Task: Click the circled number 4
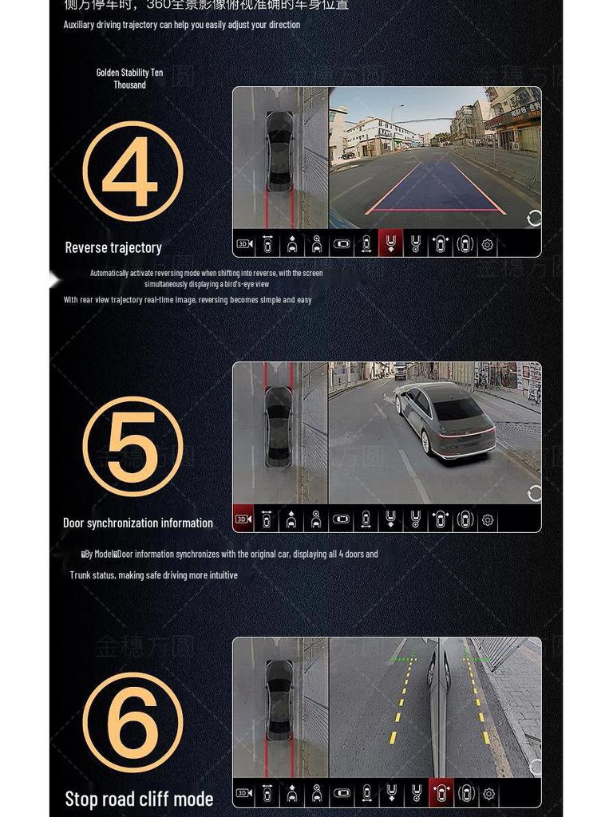coord(132,172)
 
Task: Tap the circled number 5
coord(132,447)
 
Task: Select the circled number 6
coord(132,722)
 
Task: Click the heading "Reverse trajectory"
coord(113,247)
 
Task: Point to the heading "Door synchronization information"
coord(138,523)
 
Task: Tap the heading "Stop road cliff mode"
coord(139,799)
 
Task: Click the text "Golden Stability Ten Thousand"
coord(129,78)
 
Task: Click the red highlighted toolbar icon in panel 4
coord(390,244)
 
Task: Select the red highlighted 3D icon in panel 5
coord(243,519)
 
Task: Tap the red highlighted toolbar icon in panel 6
coord(441,794)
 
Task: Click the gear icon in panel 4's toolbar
coord(488,245)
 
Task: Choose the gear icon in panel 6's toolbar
coord(488,794)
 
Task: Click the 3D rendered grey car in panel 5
coord(444,419)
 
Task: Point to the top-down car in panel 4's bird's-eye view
coord(279,152)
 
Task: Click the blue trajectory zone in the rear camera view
coord(435,190)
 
